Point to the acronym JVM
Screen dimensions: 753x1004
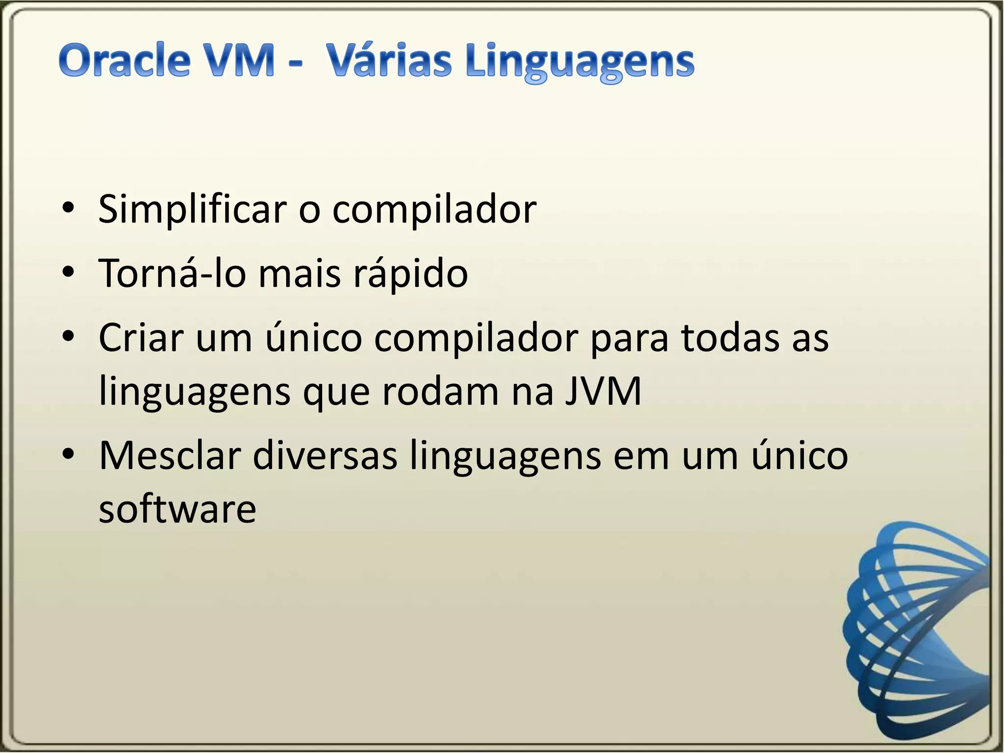(x=602, y=392)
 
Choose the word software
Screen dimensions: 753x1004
(x=177, y=509)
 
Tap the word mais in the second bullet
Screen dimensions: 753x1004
(x=299, y=273)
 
